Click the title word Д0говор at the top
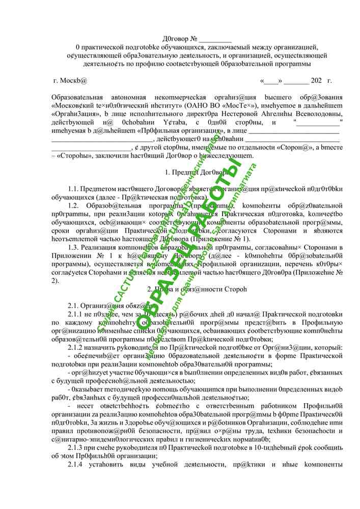click(x=175, y=39)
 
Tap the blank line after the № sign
click(x=215, y=39)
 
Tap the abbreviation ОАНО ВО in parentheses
click(x=199, y=106)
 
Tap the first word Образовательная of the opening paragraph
click(x=77, y=97)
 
